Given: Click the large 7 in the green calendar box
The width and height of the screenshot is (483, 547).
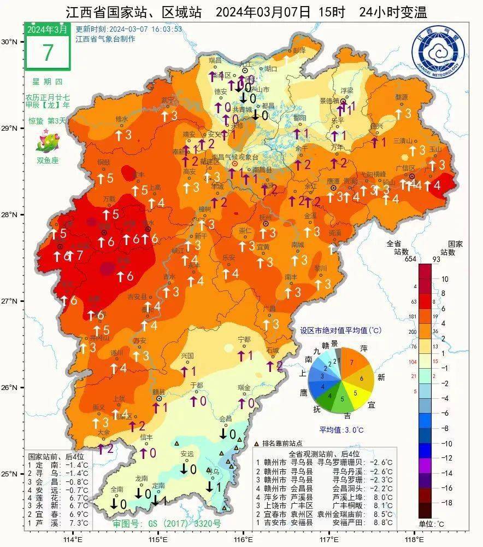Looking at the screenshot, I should tap(48, 53).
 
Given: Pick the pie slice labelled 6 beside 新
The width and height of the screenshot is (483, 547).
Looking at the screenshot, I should tap(361, 378).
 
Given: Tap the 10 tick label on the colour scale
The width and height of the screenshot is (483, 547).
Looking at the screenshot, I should tap(444, 279).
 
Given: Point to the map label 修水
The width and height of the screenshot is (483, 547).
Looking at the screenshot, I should tap(121, 119).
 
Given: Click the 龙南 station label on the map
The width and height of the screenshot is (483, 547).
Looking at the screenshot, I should tap(142, 478).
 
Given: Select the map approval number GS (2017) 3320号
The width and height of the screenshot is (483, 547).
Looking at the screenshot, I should tap(167, 523).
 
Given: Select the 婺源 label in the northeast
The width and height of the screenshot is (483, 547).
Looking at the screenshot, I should tap(402, 97).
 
